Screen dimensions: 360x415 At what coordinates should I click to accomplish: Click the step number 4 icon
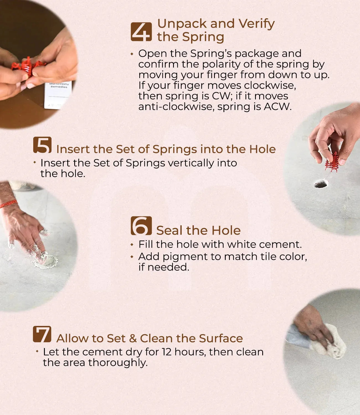tap(141, 32)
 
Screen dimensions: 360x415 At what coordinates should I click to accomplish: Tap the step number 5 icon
tap(42, 145)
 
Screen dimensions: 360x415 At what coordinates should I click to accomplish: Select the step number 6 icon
tap(141, 225)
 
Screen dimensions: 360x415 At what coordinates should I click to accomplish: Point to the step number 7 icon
tap(42, 334)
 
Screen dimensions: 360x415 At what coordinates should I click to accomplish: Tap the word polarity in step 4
tap(221, 65)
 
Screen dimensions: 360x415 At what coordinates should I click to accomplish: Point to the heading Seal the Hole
tap(198, 230)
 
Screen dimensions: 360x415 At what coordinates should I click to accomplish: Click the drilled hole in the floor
tap(321, 183)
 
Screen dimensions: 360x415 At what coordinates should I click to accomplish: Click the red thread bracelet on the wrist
tap(8, 204)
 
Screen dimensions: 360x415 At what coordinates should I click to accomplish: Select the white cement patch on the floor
tap(46, 261)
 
